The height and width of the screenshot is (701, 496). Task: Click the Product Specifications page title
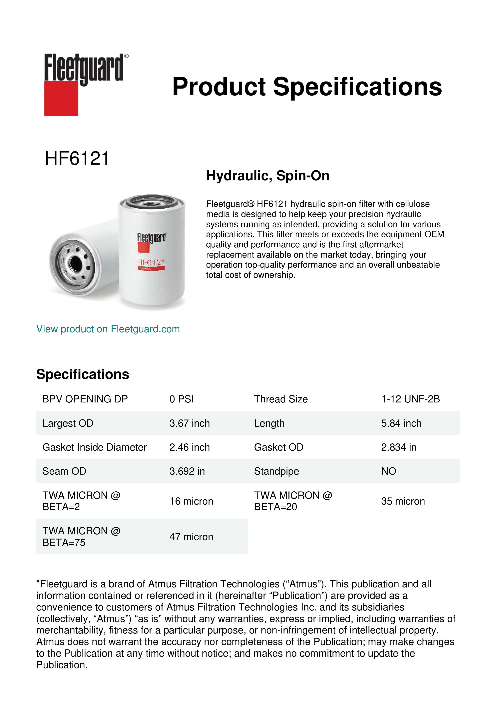coord(307,87)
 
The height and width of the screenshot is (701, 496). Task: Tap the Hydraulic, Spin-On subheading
coord(267,176)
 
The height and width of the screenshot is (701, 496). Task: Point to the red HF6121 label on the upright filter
coord(151,262)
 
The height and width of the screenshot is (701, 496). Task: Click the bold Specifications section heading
coord(82,374)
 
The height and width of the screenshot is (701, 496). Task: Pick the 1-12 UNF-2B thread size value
coord(410,399)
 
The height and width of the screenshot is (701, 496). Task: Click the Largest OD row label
coord(68,423)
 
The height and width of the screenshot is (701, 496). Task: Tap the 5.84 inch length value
coord(401,423)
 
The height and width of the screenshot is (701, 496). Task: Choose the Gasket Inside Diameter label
coord(94,447)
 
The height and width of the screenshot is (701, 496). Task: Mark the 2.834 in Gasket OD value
coord(399,447)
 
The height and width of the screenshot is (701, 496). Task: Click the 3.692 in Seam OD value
coord(187,471)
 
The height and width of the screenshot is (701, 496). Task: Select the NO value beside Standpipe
coord(388,471)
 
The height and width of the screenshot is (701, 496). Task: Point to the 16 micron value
coord(191,501)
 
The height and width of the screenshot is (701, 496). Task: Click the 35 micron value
coord(403,501)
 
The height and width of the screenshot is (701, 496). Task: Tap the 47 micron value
coord(191,537)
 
